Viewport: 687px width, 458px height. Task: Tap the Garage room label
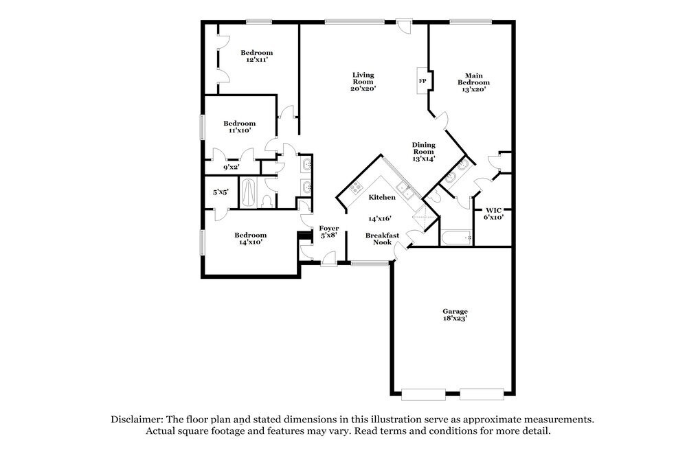tap(455, 312)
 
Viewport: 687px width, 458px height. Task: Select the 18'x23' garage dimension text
tap(455, 319)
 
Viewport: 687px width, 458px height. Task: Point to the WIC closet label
tap(494, 210)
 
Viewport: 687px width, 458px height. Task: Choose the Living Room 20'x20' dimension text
tap(363, 88)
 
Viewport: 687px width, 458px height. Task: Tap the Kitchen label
tap(382, 197)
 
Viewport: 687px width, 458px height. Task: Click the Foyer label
tap(329, 228)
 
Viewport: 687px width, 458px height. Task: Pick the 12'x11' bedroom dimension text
tap(256, 60)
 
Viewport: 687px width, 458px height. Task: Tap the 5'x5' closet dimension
tap(221, 193)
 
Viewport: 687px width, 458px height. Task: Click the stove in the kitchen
tap(356, 187)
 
